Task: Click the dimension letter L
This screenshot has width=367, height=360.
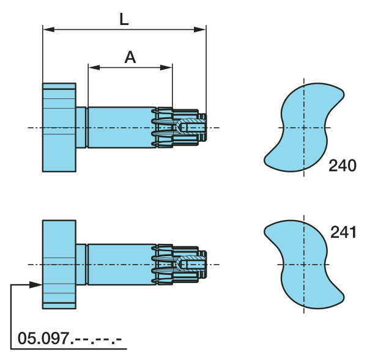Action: click(x=124, y=19)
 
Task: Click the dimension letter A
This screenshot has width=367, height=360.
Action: click(x=130, y=57)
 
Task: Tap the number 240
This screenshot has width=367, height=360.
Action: click(x=343, y=166)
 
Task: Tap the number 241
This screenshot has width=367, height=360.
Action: click(x=343, y=232)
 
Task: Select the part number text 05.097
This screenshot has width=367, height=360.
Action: click(x=43, y=338)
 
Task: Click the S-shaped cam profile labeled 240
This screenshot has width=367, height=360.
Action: click(x=304, y=127)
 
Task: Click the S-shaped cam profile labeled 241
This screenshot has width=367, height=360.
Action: click(x=304, y=264)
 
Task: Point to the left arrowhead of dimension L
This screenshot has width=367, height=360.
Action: click(x=49, y=29)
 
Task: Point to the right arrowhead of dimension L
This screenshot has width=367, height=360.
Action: click(x=200, y=29)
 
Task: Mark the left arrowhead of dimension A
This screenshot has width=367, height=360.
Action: click(x=94, y=68)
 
